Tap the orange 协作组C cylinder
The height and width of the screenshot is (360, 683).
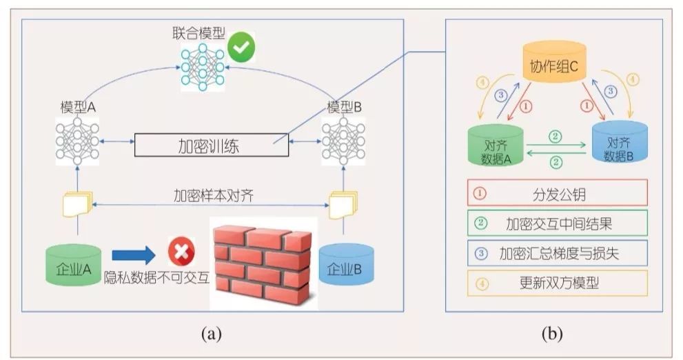pyautogui.click(x=558, y=62)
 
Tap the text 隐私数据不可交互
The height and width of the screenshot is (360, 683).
pyautogui.click(x=156, y=278)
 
